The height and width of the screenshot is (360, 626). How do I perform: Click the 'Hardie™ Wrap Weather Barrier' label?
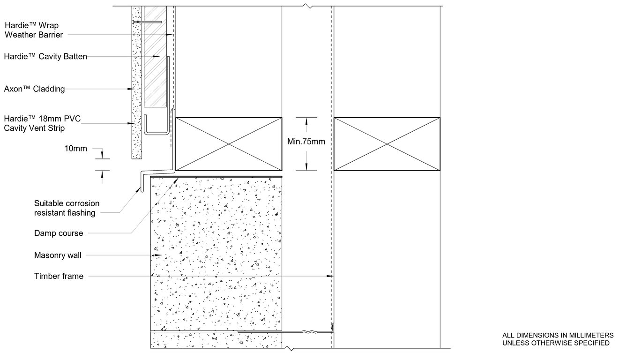point(33,30)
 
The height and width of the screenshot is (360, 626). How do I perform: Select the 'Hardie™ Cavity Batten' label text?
point(45,57)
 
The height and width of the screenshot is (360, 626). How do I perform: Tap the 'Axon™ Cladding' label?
point(34,89)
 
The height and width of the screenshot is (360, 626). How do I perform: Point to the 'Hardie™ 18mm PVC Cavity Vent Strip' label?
point(42,123)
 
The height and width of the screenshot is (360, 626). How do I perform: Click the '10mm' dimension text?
point(75,149)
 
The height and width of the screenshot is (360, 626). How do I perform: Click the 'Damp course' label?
point(59,233)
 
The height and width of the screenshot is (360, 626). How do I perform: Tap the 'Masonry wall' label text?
point(58,255)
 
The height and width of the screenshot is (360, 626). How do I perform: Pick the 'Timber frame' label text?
point(59,276)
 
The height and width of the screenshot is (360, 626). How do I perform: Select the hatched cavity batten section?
point(155,61)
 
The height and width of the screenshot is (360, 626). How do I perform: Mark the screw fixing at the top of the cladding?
point(147,22)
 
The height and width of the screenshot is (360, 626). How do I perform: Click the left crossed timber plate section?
point(228,143)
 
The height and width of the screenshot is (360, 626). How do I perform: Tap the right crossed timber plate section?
point(387,143)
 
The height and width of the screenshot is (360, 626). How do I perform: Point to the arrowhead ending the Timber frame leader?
point(330,277)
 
